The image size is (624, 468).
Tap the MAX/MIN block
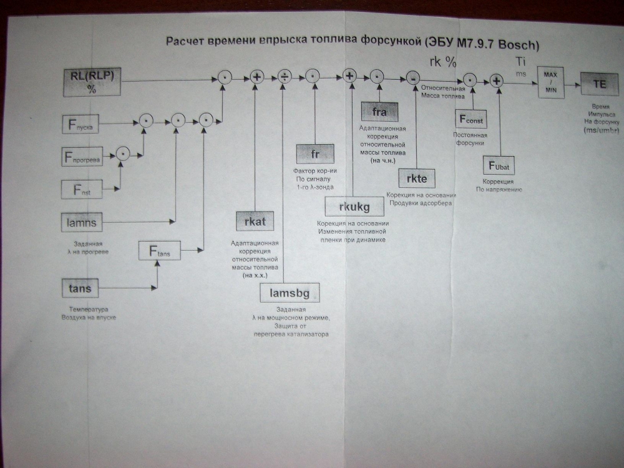550,82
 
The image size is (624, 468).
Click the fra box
379,112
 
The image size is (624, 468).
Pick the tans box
80,288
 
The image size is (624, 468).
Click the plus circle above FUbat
497,80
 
